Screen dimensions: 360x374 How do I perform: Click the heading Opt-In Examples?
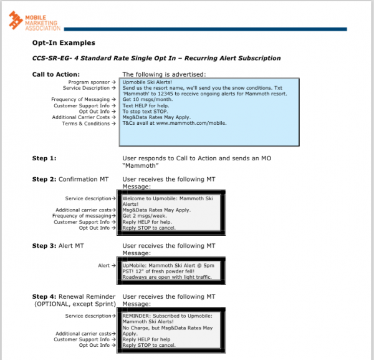click(x=64, y=43)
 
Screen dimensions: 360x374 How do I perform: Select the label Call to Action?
click(x=55, y=74)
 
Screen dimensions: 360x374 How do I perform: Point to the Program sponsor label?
click(x=89, y=82)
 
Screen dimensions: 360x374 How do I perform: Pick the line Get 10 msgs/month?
click(x=148, y=99)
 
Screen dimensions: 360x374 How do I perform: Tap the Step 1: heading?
click(x=44, y=158)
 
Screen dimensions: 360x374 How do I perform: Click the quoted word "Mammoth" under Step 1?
click(x=142, y=166)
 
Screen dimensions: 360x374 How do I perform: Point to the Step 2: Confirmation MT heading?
click(x=70, y=180)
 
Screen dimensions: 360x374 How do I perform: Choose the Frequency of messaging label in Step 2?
click(x=85, y=216)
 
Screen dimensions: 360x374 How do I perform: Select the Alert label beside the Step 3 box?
click(x=104, y=265)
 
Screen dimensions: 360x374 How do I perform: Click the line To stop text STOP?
click(x=146, y=111)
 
